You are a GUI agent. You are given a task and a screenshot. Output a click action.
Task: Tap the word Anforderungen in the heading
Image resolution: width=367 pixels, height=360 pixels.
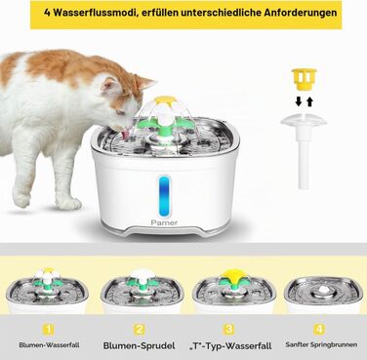(301, 13)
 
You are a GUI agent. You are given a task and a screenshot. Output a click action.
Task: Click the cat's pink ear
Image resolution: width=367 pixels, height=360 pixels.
(110, 86)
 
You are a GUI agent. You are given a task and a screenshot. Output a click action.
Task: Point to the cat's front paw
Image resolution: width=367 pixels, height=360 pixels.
(69, 204)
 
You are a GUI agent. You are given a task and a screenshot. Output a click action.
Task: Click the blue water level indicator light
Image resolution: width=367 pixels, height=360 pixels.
(165, 196)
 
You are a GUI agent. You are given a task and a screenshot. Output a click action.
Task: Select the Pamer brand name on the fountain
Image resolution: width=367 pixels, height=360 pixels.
(164, 222)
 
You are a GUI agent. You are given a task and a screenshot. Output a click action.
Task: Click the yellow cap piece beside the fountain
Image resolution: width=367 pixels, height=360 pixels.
(304, 79)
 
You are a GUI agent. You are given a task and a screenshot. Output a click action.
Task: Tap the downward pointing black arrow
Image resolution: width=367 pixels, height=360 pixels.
(299, 101)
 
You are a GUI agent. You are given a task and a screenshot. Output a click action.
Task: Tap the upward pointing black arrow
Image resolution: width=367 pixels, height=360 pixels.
(309, 101)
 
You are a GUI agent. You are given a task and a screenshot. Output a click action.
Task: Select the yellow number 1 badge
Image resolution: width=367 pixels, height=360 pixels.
(49, 330)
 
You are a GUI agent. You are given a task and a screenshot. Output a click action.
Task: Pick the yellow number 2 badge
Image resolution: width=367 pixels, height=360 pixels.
(140, 330)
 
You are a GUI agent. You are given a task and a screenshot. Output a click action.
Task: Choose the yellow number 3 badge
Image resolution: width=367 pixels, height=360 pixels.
(229, 330)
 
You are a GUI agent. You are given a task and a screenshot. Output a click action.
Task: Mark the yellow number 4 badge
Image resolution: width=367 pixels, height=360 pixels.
(319, 330)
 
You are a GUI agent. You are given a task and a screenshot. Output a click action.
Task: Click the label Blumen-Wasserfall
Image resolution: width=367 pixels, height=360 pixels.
(49, 345)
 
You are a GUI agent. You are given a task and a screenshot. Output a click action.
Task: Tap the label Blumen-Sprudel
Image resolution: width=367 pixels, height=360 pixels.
(139, 345)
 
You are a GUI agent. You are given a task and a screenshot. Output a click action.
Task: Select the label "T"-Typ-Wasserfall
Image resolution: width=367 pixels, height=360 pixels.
(230, 345)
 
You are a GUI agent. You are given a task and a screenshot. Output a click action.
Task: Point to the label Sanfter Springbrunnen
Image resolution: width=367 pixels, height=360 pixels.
(321, 344)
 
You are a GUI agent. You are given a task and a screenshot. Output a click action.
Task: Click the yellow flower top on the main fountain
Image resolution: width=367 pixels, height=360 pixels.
(165, 100)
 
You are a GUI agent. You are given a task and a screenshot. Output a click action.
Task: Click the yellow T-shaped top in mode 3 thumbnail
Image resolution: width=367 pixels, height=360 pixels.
(231, 277)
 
